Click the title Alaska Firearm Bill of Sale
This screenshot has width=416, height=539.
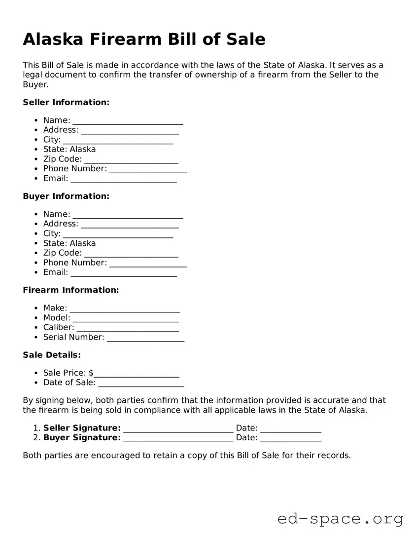point(144,39)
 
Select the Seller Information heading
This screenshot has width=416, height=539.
point(66,102)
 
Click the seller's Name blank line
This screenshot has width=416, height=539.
point(128,121)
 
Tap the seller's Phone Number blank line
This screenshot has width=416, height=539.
point(148,169)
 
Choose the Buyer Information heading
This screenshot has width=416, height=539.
point(66,196)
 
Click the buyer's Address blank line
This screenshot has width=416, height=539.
point(130,225)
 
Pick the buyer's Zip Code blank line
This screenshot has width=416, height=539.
point(131,254)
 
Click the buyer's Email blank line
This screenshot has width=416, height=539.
point(123,273)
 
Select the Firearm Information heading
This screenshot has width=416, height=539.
point(71,290)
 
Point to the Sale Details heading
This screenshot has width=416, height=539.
point(52,355)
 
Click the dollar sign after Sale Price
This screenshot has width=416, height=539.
point(91,373)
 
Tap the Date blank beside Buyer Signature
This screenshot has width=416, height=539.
point(290,438)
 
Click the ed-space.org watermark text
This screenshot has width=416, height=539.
point(340,519)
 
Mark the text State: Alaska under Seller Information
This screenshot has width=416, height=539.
point(69,149)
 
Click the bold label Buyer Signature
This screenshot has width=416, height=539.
point(82,437)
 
